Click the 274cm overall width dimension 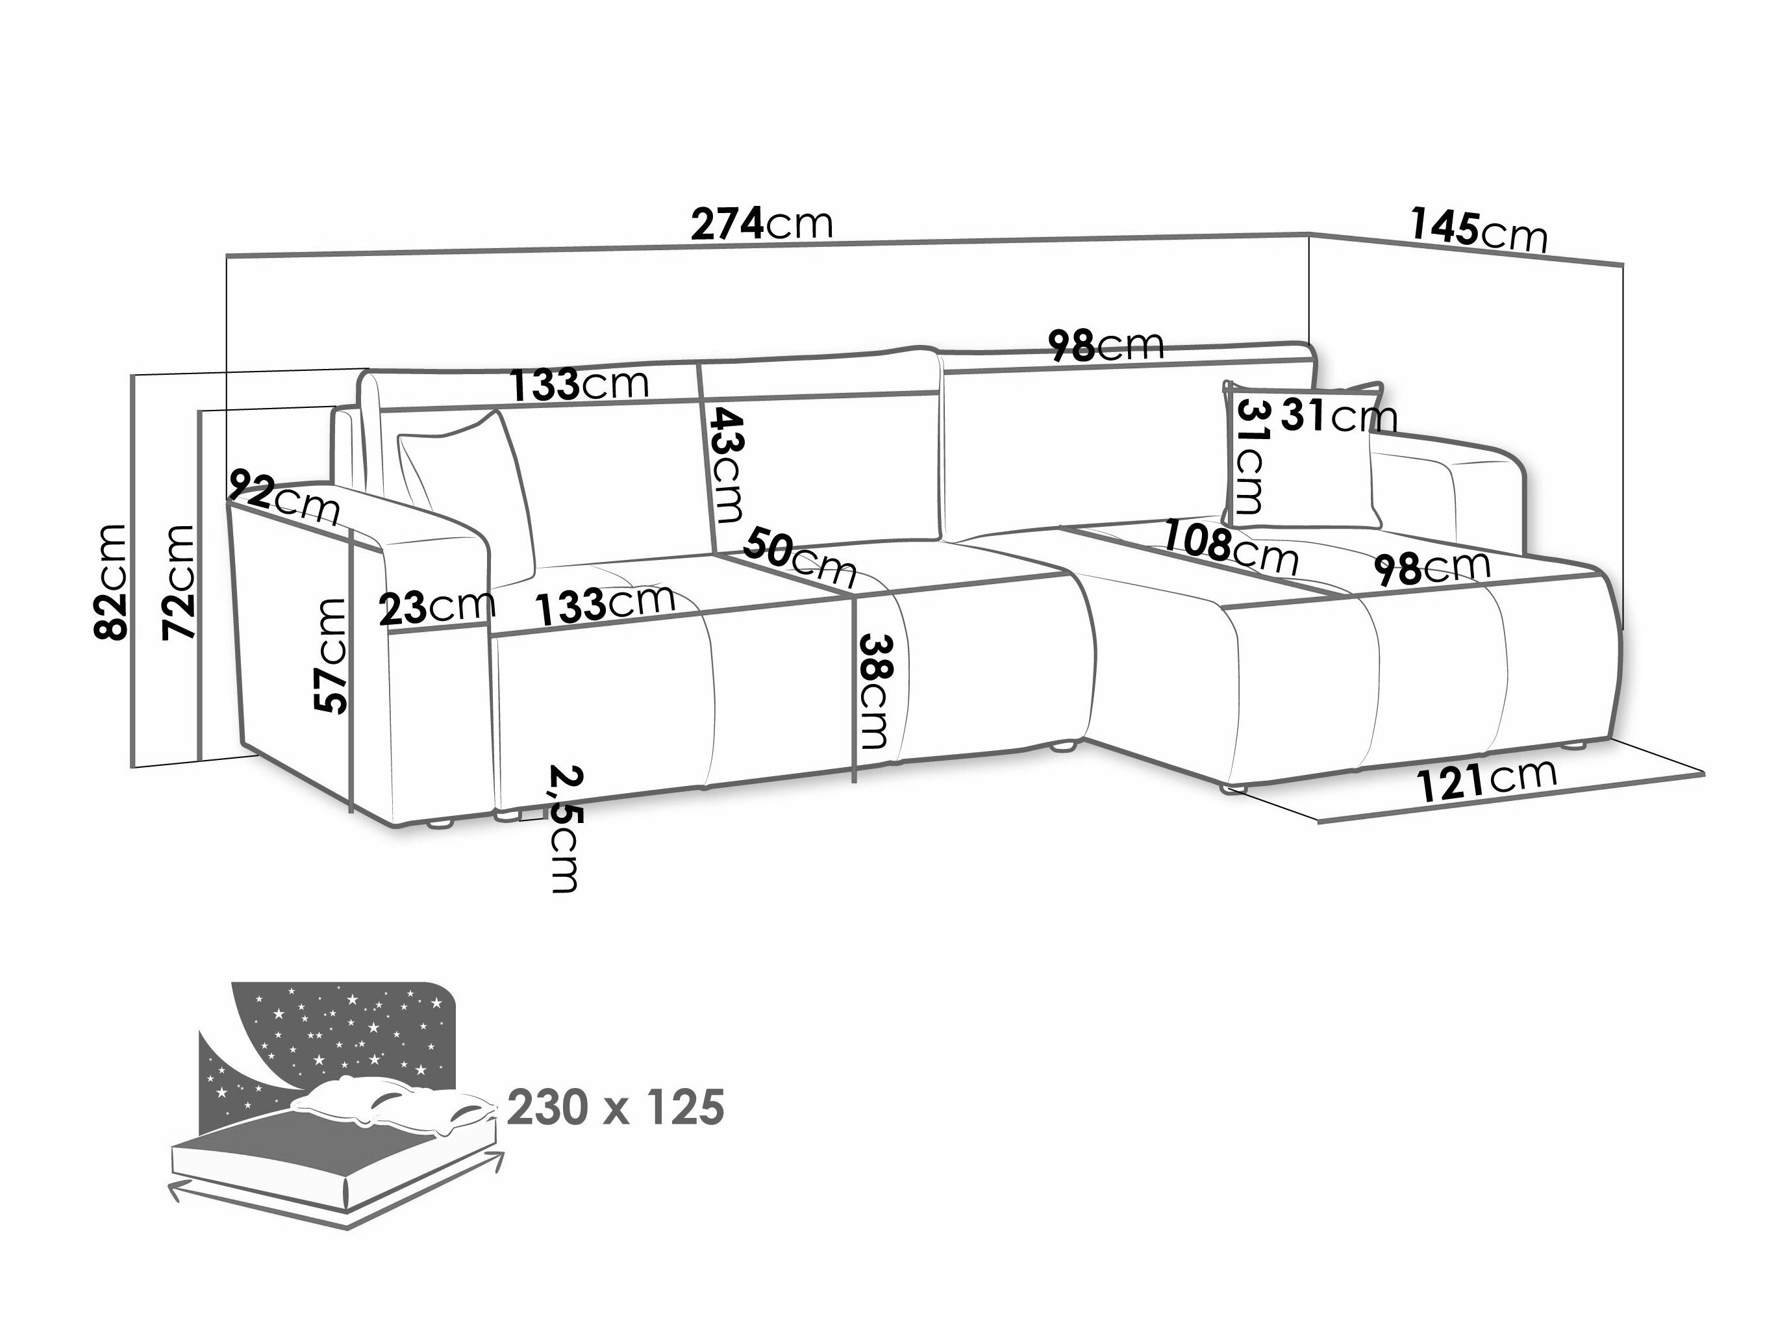(x=761, y=224)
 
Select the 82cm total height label (x=111, y=581)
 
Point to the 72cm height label (x=179, y=581)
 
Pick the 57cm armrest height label (x=330, y=656)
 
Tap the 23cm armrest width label (x=437, y=607)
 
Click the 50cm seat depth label (x=800, y=556)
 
